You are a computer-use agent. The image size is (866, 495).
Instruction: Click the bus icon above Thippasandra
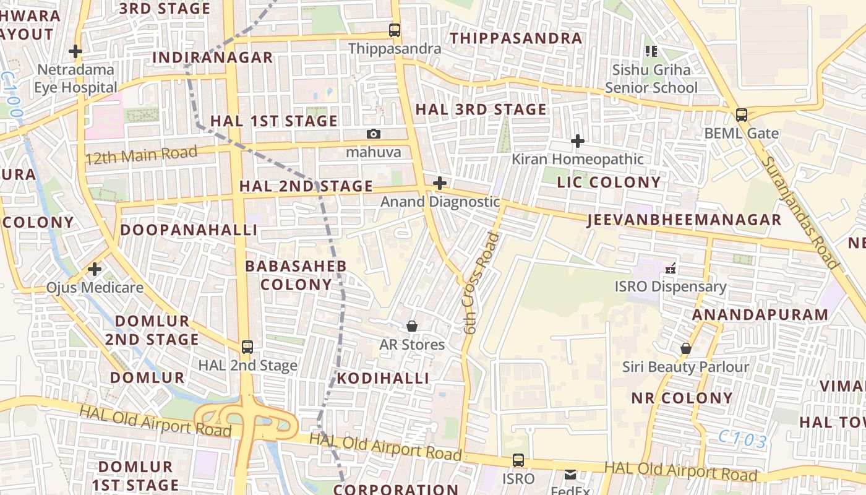click(394, 30)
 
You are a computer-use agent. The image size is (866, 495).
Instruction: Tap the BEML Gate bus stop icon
click(741, 114)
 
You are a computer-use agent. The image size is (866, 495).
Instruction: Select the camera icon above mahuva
click(373, 134)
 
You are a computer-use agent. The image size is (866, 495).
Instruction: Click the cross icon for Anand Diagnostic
click(440, 183)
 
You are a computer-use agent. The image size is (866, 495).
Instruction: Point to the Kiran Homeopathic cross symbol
click(577, 141)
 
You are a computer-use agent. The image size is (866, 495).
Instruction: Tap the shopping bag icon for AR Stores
click(412, 326)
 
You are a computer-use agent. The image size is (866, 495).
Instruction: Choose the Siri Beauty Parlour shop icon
click(685, 348)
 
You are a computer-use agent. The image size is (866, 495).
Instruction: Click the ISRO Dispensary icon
click(670, 269)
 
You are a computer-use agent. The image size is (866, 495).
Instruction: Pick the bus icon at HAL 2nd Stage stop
click(247, 346)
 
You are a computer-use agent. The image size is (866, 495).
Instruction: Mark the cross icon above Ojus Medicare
click(95, 269)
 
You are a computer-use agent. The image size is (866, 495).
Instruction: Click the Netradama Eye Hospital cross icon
click(75, 51)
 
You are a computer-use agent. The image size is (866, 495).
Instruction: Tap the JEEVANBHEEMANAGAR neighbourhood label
click(684, 220)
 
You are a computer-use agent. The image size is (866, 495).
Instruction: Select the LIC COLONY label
click(609, 182)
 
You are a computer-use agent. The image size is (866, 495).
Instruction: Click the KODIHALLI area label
click(383, 378)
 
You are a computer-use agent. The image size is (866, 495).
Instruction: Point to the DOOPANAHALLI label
click(189, 230)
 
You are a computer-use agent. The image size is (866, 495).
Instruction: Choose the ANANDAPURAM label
click(760, 314)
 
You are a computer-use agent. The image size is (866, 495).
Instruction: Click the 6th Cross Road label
click(481, 283)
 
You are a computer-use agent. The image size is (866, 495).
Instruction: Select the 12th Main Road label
click(142, 155)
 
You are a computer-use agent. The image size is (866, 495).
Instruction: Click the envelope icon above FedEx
click(570, 475)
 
